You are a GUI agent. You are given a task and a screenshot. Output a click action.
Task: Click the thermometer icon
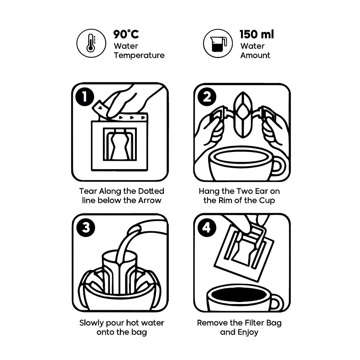[91, 43]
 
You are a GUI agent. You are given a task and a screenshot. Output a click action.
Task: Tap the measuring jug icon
[218, 43]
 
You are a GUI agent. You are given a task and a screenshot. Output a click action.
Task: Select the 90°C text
[126, 34]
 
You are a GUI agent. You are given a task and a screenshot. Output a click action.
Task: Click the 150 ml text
[256, 34]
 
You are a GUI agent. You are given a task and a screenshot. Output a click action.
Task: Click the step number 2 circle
[207, 97]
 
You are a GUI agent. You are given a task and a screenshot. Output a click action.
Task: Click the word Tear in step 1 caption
[88, 191]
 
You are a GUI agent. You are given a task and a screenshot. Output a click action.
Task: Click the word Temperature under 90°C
[139, 55]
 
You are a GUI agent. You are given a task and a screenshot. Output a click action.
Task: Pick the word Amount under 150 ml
[255, 55]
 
